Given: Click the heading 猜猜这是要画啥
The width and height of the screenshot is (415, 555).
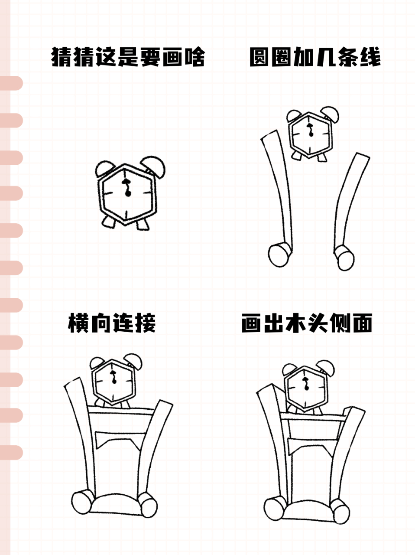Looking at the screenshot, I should pos(128,57).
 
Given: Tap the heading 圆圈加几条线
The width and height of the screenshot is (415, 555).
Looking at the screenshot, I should pos(314,57).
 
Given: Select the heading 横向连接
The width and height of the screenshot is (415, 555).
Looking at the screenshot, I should pos(112,323).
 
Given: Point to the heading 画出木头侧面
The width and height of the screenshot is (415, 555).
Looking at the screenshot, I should pos(306,323).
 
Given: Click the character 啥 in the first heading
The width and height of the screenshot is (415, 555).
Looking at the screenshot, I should pos(193,57).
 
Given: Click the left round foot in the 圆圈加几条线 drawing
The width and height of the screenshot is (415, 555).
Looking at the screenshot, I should pos(279,255).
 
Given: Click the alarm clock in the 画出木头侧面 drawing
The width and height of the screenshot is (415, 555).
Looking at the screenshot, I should pos(306,386).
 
